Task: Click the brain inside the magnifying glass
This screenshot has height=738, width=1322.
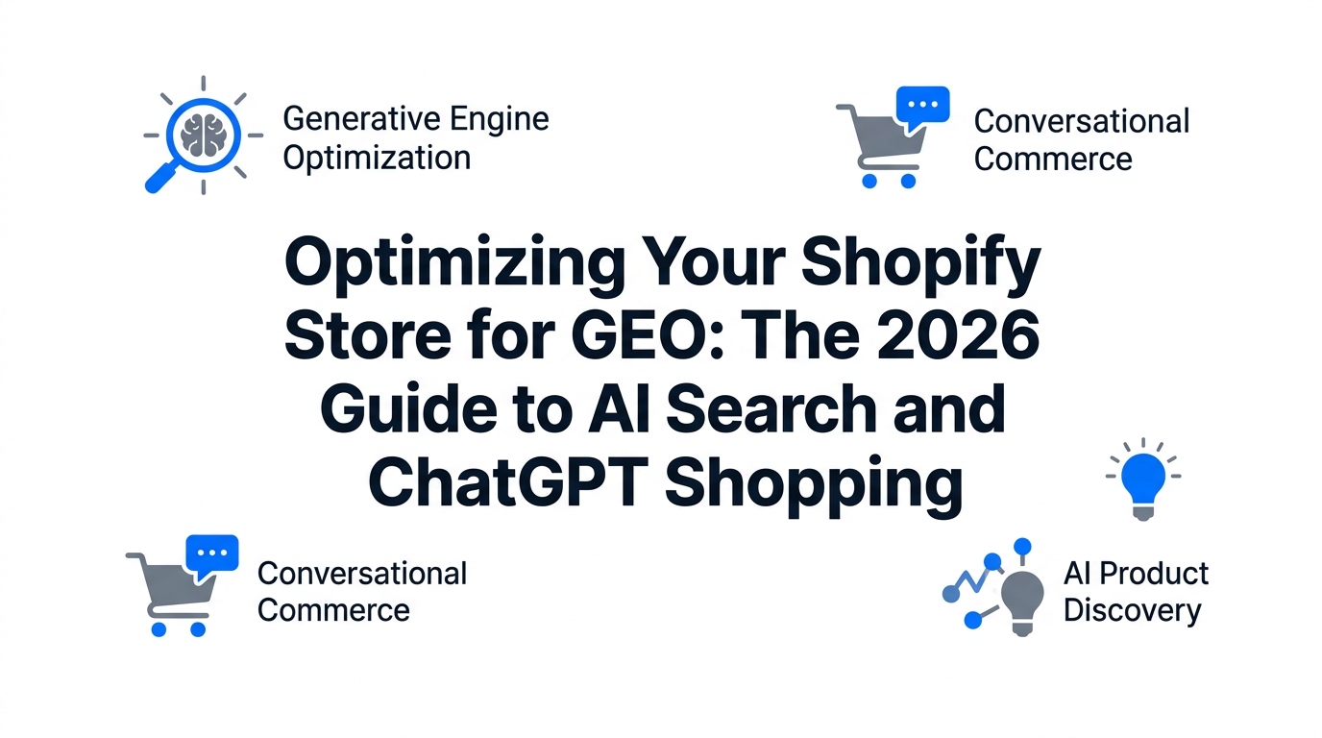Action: tap(204, 135)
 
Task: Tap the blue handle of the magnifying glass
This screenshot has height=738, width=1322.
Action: tap(160, 177)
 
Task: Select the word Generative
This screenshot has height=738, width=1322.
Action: tap(362, 118)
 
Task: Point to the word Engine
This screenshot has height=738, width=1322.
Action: tap(500, 120)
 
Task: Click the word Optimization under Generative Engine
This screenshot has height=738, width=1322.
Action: tap(377, 160)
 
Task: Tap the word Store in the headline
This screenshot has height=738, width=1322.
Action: tap(368, 335)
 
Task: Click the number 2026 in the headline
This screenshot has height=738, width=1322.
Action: tap(958, 335)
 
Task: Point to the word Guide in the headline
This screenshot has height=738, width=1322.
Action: tap(408, 408)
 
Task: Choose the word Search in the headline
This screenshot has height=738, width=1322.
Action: tap(772, 408)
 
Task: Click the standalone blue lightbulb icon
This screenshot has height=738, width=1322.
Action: tap(1143, 479)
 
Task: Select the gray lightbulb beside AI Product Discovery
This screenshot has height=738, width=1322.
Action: tap(1022, 603)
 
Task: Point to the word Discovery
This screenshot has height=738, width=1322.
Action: tap(1132, 611)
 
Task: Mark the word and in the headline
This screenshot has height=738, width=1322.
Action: tap(949, 408)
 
